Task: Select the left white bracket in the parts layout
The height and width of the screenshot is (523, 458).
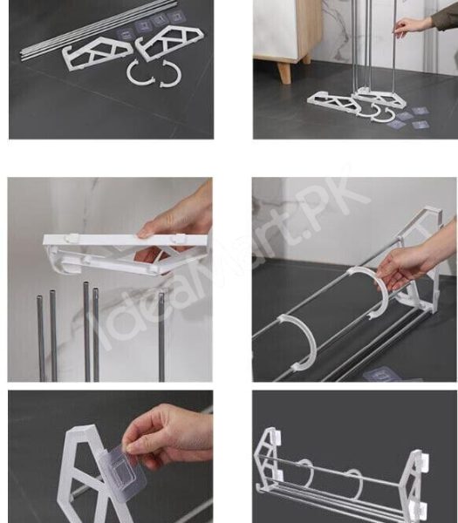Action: point(97,54)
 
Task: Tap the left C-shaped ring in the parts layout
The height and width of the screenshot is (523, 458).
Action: point(140,74)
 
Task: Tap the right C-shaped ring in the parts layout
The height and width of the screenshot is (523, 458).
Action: point(170,75)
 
